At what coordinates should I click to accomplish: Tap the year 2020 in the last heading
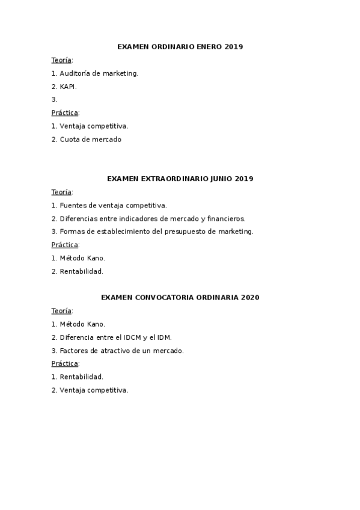pyautogui.click(x=249, y=297)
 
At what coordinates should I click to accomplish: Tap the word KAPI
pyautogui.click(x=69, y=87)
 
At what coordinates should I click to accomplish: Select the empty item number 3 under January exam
pyautogui.click(x=55, y=100)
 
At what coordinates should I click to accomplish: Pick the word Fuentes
pyautogui.click(x=72, y=206)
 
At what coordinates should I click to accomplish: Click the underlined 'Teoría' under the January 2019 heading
pyautogui.click(x=61, y=60)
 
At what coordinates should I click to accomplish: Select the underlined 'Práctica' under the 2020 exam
pyautogui.click(x=65, y=364)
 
